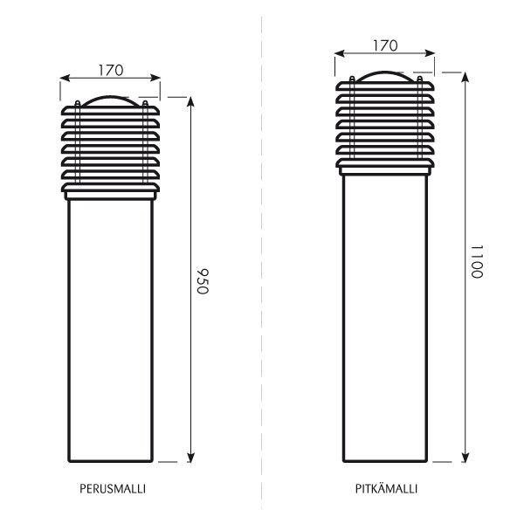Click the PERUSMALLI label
113,489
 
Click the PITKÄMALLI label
386,488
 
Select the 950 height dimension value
203,280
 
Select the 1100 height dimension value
477,261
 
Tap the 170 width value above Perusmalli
111,70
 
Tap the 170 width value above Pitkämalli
385,45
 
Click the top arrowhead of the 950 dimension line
190,101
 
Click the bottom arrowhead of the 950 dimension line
190,458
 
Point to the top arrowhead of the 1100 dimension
465,77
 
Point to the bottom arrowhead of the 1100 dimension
465,458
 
